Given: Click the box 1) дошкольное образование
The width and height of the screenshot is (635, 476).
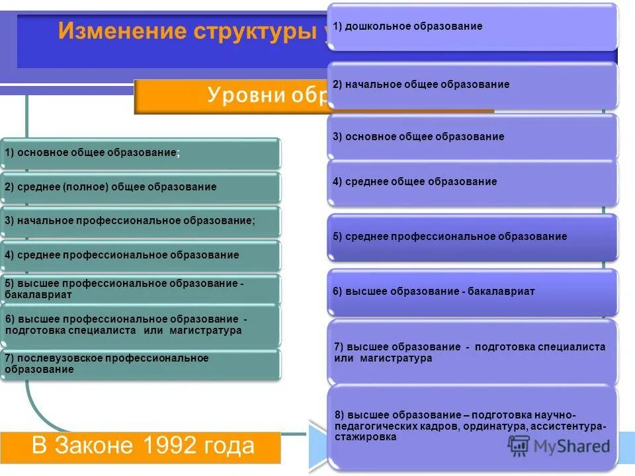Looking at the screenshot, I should click(x=472, y=26).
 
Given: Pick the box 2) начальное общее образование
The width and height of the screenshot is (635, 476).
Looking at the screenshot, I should click(x=472, y=85).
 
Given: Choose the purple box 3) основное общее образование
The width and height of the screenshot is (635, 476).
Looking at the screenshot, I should click(x=472, y=137).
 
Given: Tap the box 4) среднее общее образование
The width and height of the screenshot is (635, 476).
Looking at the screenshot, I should click(x=472, y=181).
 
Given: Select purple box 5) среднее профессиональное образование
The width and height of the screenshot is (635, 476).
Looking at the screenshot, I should click(x=472, y=236).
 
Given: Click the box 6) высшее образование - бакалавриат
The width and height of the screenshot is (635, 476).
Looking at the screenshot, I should click(x=472, y=291).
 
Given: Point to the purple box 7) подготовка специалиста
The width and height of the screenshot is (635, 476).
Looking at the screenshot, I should click(x=472, y=352).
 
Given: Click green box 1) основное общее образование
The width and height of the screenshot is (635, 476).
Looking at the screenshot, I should click(x=140, y=153).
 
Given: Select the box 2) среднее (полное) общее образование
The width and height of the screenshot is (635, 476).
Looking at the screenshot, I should click(x=140, y=187).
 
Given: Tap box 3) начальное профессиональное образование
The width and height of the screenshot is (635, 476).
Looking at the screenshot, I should click(x=140, y=221).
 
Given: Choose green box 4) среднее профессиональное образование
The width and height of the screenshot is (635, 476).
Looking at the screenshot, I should click(x=140, y=255).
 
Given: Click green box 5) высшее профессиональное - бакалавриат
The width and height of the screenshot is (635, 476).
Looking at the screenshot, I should click(x=140, y=289).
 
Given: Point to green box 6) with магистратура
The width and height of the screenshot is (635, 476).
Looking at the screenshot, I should click(x=140, y=325).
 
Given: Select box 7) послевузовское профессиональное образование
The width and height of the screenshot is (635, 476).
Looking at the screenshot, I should click(x=140, y=364).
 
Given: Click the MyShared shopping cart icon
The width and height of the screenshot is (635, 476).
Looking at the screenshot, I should click(x=519, y=445).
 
